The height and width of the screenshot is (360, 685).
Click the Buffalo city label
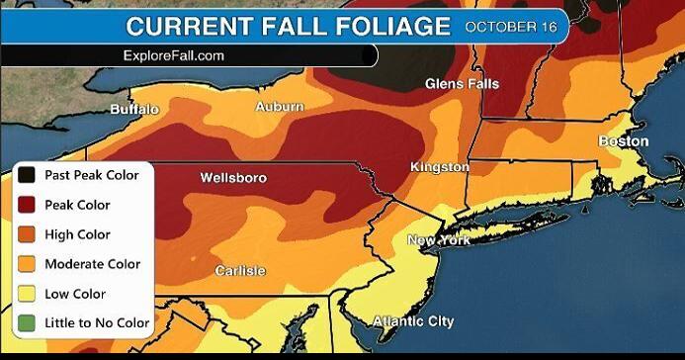[133, 109]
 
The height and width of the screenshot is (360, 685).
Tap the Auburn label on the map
[279, 106]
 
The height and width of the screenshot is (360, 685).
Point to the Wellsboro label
[233, 178]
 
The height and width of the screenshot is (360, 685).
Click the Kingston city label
[440, 167]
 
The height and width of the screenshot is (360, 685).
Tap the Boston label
[624, 141]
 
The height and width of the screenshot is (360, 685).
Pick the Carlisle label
[240, 270]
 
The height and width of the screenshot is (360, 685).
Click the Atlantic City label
[414, 320]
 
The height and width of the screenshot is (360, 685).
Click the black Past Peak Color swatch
[28, 175]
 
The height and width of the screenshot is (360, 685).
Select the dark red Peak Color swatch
[28, 205]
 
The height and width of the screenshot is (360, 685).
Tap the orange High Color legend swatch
[28, 234]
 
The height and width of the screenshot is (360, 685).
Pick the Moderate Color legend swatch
[28, 264]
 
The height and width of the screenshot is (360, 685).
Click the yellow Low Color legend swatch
[28, 294]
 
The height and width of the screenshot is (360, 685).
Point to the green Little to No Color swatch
[28, 322]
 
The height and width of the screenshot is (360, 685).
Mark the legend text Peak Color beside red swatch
[77, 205]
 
